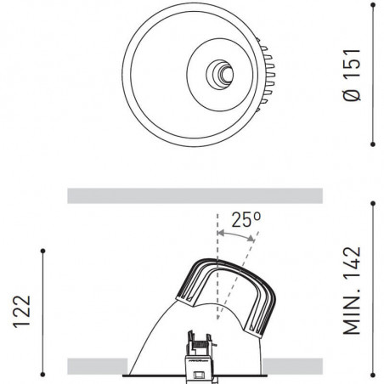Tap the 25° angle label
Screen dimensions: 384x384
click(x=246, y=219)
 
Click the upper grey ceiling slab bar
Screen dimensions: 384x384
click(x=195, y=195)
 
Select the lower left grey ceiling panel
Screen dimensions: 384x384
click(x=95, y=366)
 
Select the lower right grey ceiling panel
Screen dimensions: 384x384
click(x=293, y=366)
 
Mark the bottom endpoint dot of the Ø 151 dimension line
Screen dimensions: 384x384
click(x=374, y=143)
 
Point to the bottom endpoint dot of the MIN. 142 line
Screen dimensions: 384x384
click(x=374, y=374)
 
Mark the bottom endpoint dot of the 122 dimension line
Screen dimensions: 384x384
click(x=42, y=374)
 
